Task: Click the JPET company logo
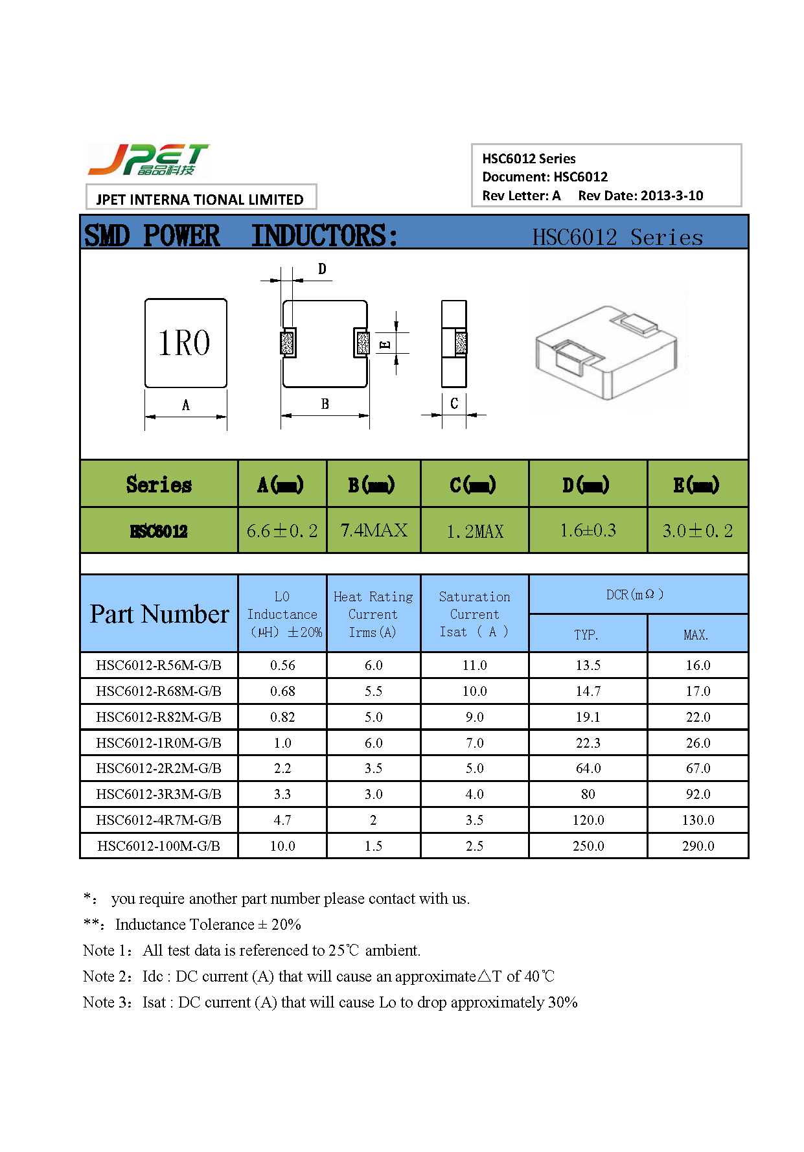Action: pyautogui.click(x=148, y=160)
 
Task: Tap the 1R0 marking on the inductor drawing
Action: pyautogui.click(x=185, y=343)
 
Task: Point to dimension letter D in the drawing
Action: pyautogui.click(x=322, y=269)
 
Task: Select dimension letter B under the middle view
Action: pyautogui.click(x=325, y=404)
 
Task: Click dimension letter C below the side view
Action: pyautogui.click(x=454, y=403)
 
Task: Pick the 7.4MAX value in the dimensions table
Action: pyautogui.click(x=374, y=531)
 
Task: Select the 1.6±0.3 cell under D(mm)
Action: pyautogui.click(x=588, y=531)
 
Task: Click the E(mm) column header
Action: pyautogui.click(x=697, y=485)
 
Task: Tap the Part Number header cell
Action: pyautogui.click(x=159, y=614)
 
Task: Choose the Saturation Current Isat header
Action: pyautogui.click(x=474, y=614)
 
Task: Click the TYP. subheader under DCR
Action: pyautogui.click(x=586, y=635)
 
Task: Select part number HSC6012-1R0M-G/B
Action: pyautogui.click(x=159, y=743)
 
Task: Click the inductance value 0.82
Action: pyautogui.click(x=282, y=717)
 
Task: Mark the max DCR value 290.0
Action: pyautogui.click(x=698, y=846)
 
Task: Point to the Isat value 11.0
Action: pyautogui.click(x=474, y=665)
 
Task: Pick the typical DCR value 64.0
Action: pyautogui.click(x=588, y=768)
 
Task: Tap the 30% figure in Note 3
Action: pyautogui.click(x=562, y=1002)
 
